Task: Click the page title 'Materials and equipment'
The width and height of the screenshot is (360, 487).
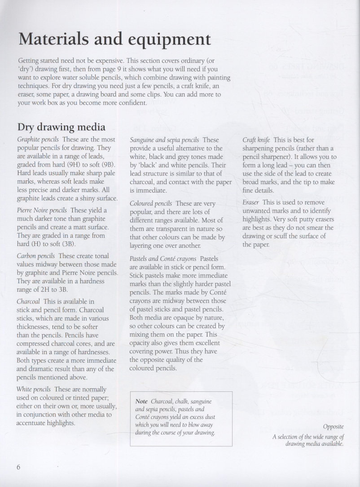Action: click(114, 39)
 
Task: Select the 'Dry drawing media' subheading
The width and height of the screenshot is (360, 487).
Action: click(61, 127)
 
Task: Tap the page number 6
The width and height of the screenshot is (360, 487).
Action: click(19, 467)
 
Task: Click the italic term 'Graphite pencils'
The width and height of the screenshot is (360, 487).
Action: click(38, 140)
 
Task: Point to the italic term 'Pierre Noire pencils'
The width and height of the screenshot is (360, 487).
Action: click(42, 210)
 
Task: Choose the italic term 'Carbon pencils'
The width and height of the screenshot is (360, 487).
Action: click(35, 256)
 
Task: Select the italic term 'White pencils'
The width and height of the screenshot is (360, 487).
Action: click(34, 389)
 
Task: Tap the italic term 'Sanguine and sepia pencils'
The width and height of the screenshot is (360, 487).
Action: click(164, 140)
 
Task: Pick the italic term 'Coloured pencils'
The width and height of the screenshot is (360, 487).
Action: click(151, 203)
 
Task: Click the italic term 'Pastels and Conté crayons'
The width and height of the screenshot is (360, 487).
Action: click(163, 259)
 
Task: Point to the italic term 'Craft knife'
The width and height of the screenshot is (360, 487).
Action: click(256, 140)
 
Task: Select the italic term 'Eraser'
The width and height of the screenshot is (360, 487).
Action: click(250, 202)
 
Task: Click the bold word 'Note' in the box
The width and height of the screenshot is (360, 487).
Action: click(141, 401)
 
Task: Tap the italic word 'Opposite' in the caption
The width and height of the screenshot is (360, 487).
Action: click(333, 427)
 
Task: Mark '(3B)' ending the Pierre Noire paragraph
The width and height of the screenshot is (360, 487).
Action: click(67, 244)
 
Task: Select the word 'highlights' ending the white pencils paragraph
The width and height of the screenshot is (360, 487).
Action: click(59, 423)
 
